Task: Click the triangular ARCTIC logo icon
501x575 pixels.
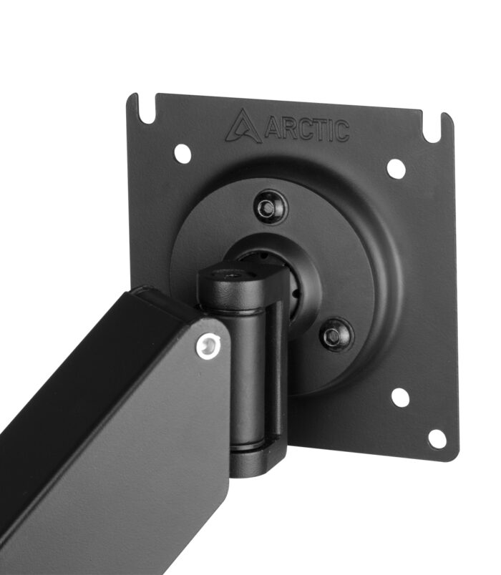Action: [243, 126]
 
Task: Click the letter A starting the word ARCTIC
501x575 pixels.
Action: [273, 128]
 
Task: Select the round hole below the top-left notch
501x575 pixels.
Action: [183, 153]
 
